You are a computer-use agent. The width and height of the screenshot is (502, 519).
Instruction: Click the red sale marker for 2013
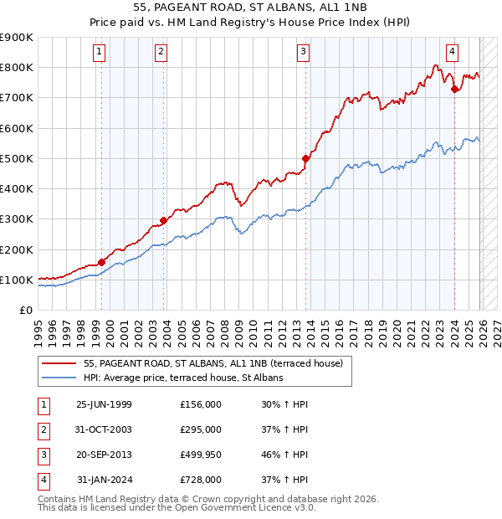click(x=306, y=157)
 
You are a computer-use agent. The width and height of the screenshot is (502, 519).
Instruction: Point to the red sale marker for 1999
click(x=102, y=262)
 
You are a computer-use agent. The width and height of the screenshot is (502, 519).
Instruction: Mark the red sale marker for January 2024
click(x=454, y=89)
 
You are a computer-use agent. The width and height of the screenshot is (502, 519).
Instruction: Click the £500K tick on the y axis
click(x=17, y=158)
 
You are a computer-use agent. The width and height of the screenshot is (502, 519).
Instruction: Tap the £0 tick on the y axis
click(x=26, y=311)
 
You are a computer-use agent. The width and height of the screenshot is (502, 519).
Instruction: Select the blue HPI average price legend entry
click(x=183, y=378)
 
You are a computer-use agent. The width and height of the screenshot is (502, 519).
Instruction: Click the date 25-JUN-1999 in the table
click(x=104, y=404)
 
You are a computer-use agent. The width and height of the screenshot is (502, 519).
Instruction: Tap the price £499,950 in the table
click(x=200, y=455)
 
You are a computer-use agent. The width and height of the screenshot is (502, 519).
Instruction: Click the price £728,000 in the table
click(x=200, y=480)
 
